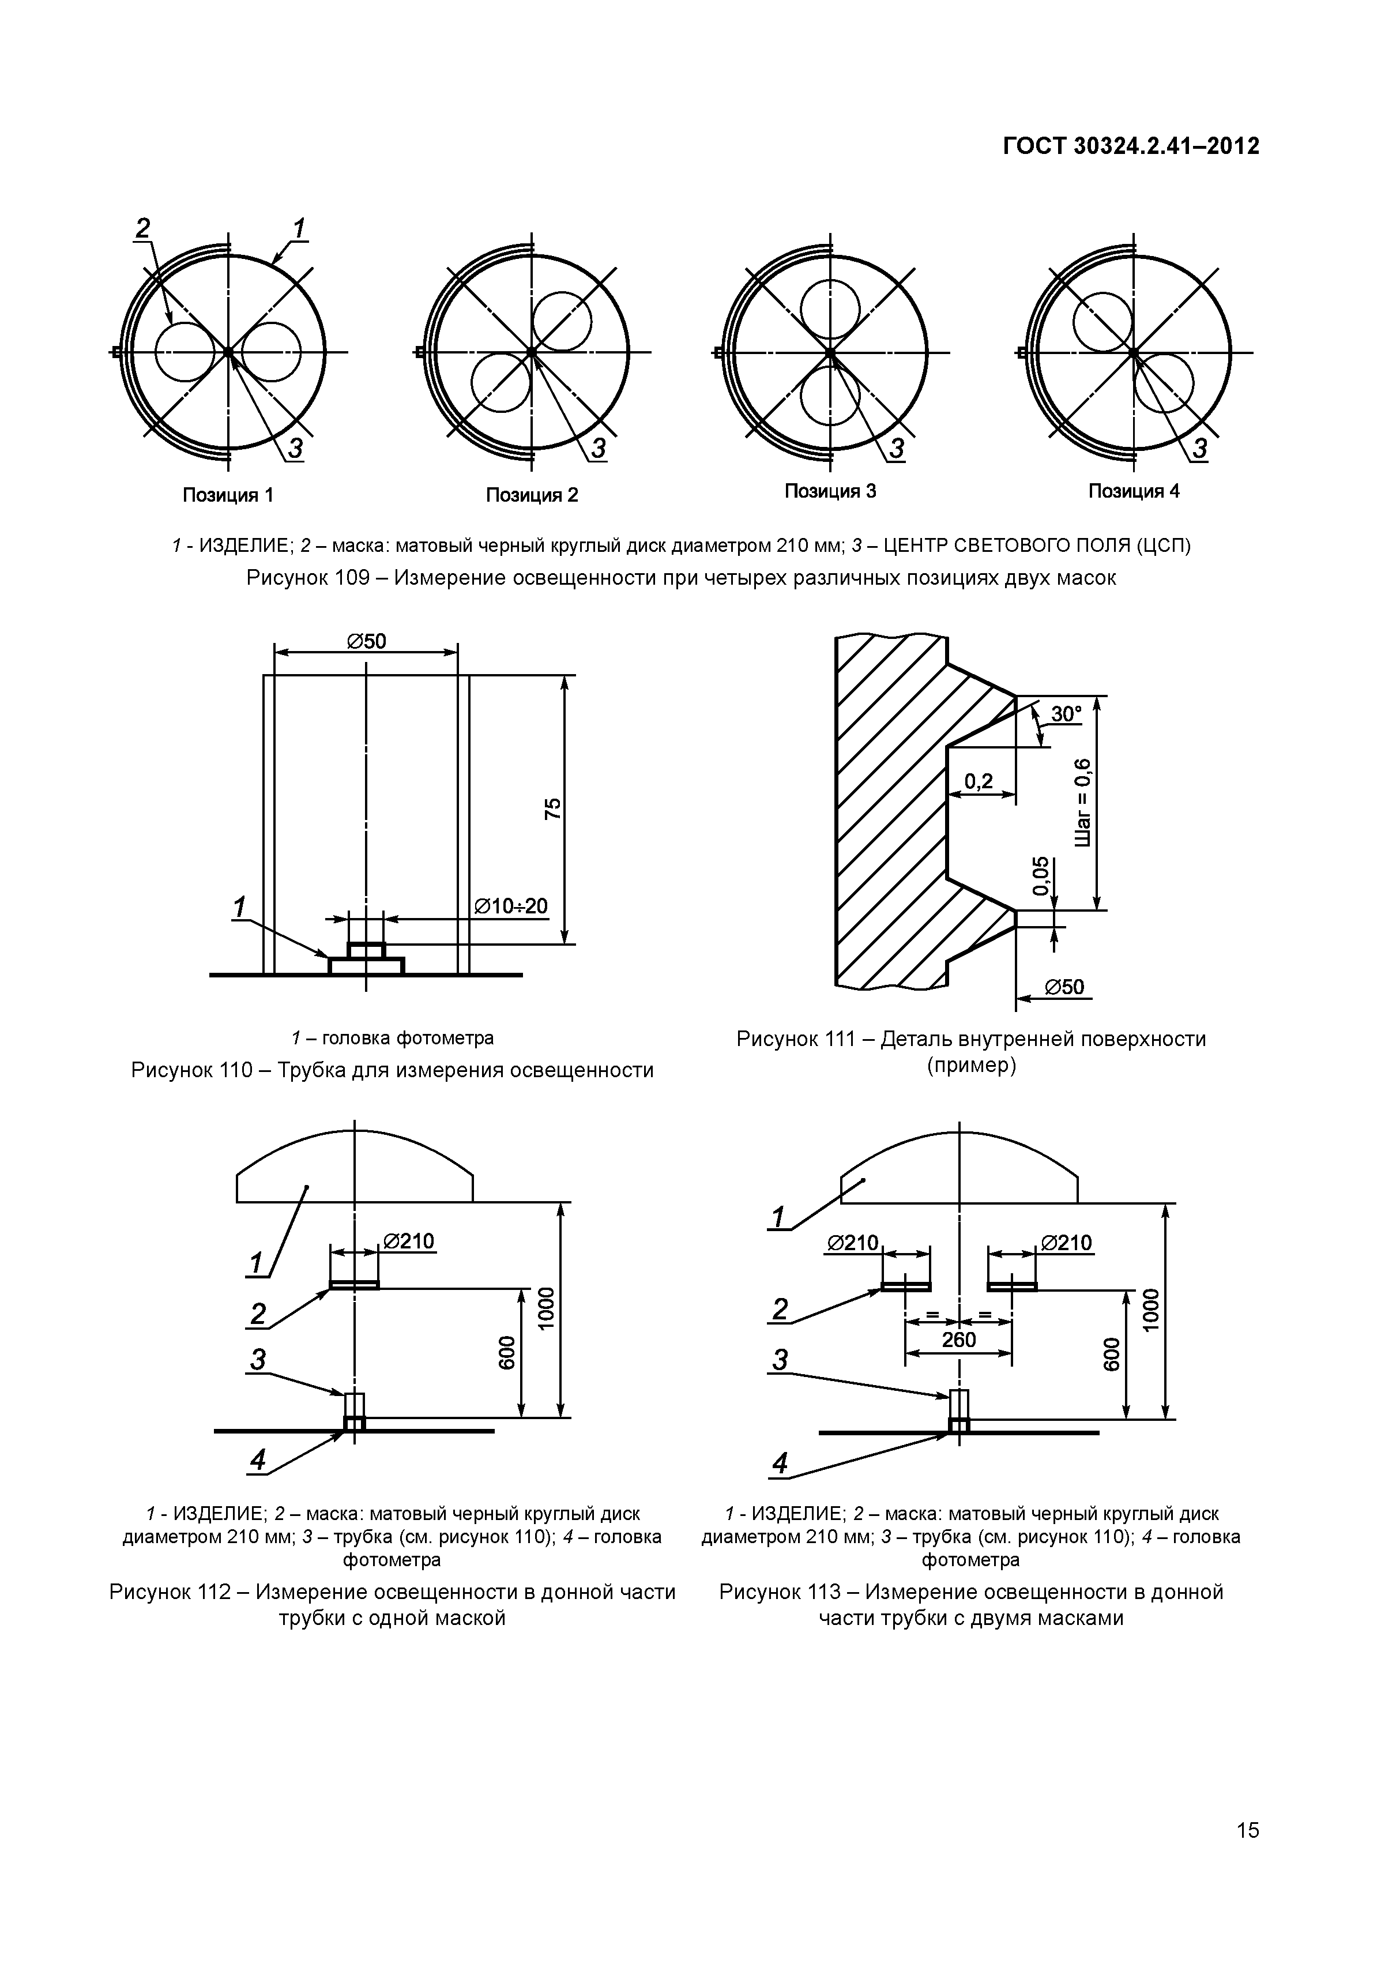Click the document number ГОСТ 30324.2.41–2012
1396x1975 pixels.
(x=1130, y=147)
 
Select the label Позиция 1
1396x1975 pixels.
(x=228, y=495)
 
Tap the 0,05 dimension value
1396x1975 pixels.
(x=1041, y=876)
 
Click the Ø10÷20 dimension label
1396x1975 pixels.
(x=511, y=906)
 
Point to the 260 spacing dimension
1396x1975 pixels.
(x=958, y=1340)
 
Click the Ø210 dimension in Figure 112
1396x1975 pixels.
(x=409, y=1240)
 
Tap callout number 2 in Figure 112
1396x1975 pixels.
(x=258, y=1314)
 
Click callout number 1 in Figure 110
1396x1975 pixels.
(x=239, y=906)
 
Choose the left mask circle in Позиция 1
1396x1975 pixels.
(x=185, y=352)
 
